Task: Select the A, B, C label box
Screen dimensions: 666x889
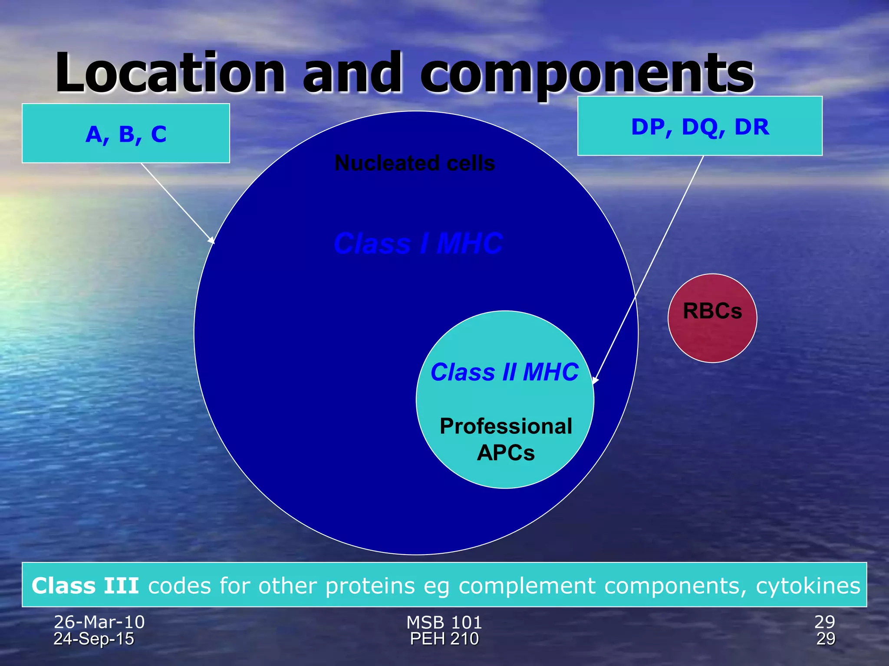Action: (x=126, y=134)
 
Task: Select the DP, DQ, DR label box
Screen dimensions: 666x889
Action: (x=700, y=126)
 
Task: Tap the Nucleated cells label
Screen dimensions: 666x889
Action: (x=415, y=163)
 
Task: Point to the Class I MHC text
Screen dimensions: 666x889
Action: (x=418, y=243)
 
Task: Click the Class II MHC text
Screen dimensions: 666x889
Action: (x=504, y=372)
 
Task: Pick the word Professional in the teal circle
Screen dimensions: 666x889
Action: (x=506, y=426)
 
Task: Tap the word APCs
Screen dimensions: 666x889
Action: (x=506, y=453)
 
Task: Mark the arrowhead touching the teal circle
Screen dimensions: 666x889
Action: (x=595, y=380)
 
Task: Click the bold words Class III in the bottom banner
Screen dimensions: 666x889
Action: (x=85, y=586)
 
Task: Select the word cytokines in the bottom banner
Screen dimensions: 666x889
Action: (x=808, y=586)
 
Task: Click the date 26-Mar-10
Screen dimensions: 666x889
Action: (x=99, y=622)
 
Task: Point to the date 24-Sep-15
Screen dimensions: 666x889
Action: (x=94, y=639)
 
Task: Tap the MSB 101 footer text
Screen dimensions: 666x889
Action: (x=444, y=622)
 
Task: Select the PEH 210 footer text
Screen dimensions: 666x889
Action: (x=444, y=639)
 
